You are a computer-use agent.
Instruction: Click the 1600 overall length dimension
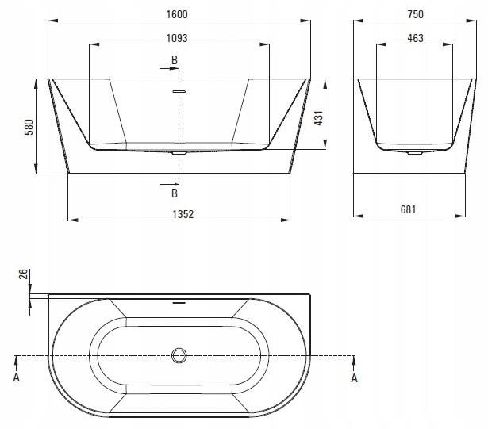coord(177,14)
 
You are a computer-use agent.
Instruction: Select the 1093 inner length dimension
coord(177,38)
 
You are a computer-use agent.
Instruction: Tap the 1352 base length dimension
coord(183,214)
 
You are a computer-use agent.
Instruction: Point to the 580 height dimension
coord(29,127)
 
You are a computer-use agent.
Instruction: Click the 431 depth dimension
coord(319,118)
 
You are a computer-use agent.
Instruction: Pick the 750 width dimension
coord(415,14)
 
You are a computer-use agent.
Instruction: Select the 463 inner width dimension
coord(415,38)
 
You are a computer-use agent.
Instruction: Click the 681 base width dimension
coord(408,209)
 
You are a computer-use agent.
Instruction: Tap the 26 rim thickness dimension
coord(24,274)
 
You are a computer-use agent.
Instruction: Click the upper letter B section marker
coord(175,59)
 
